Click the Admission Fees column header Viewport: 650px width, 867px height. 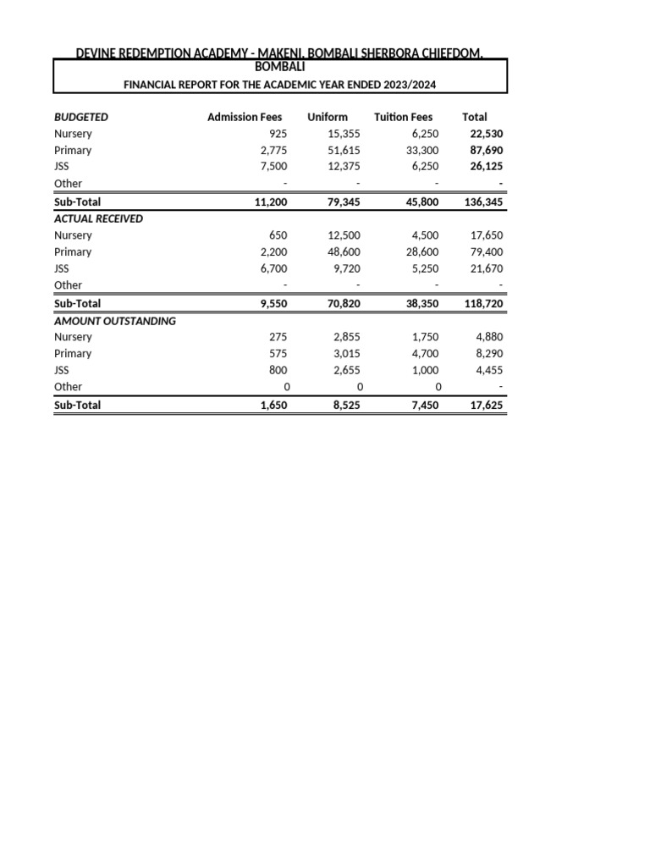click(245, 117)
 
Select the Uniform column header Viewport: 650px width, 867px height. click(328, 117)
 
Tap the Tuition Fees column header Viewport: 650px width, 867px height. click(403, 117)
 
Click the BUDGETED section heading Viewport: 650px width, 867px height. click(81, 117)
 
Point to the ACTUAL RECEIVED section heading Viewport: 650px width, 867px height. click(98, 218)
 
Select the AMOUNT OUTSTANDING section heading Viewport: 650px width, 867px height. click(115, 320)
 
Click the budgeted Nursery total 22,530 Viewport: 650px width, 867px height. click(487, 134)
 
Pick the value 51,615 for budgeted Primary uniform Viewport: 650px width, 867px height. click(344, 150)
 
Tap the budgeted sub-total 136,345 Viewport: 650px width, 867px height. click(484, 202)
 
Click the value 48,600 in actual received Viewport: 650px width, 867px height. click(344, 251)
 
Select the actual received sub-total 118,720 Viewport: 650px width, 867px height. click(484, 303)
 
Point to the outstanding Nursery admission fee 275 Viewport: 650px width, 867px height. click(278, 336)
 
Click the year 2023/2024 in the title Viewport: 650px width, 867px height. click(411, 85)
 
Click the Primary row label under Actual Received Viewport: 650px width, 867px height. click(73, 251)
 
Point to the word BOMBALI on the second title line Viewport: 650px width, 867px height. click(280, 66)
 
